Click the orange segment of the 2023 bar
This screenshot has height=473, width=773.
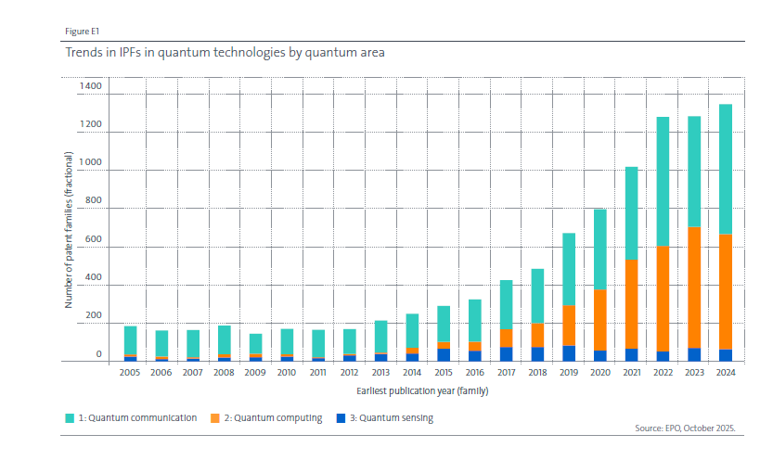click(x=694, y=288)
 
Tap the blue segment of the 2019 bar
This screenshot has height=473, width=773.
click(x=569, y=353)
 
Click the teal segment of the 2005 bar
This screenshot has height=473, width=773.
click(x=130, y=340)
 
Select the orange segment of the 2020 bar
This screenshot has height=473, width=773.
click(x=600, y=320)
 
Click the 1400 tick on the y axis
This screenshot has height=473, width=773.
click(x=91, y=86)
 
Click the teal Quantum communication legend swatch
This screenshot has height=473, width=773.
click(x=71, y=418)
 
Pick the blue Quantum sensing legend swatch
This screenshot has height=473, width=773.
click(x=340, y=418)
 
